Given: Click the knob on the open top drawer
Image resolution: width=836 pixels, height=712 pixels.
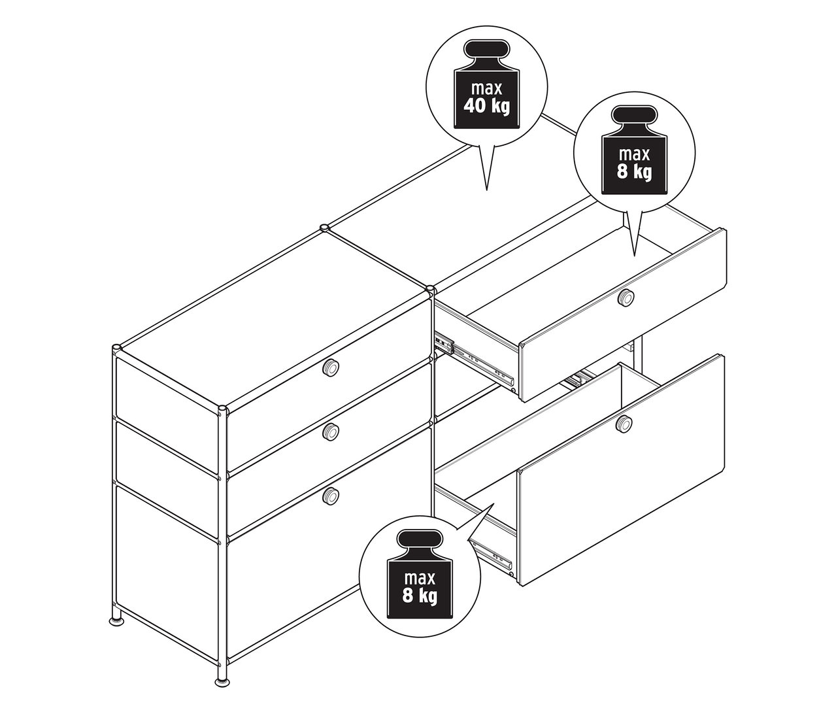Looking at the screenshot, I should click(626, 298).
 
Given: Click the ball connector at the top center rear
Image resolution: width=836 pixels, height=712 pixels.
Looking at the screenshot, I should click(324, 228).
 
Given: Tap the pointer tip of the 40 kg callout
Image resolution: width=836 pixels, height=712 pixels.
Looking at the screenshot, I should click(486, 189).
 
